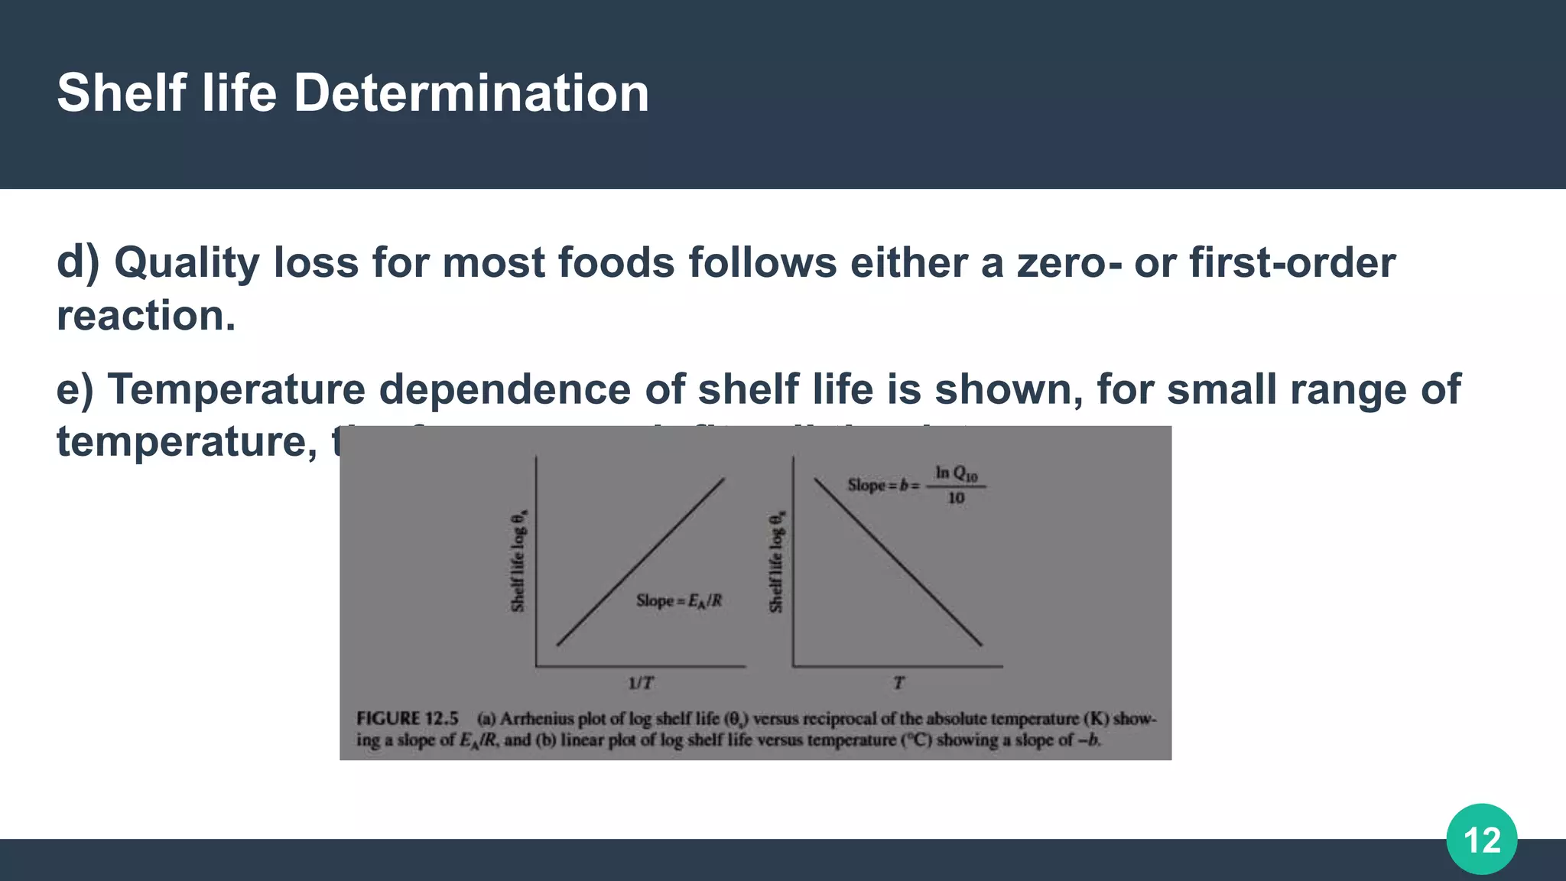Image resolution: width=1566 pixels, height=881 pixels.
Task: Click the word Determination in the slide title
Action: coord(471,93)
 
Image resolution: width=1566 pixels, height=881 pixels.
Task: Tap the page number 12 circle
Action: coord(1481,840)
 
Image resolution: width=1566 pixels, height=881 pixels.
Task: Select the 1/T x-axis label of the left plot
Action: coord(641,683)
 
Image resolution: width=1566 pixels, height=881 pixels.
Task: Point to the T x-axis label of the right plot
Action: coord(898,683)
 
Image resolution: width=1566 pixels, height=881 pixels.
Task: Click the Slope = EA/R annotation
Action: coord(679,601)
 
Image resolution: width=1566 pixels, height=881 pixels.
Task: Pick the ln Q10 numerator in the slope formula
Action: coord(956,474)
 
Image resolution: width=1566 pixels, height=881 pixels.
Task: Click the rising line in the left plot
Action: coord(641,562)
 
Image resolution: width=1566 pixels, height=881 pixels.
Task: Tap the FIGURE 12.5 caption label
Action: coord(408,719)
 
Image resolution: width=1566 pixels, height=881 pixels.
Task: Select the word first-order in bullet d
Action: coord(1292,263)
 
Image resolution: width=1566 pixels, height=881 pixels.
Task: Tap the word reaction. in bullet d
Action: coord(146,316)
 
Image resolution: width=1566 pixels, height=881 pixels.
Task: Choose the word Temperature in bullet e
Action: coord(236,389)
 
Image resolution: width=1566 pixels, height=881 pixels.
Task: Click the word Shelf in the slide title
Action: coord(121,93)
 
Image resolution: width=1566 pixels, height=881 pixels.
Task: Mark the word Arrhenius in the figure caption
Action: coord(536,719)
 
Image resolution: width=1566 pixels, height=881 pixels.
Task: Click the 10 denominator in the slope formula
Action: coord(956,499)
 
